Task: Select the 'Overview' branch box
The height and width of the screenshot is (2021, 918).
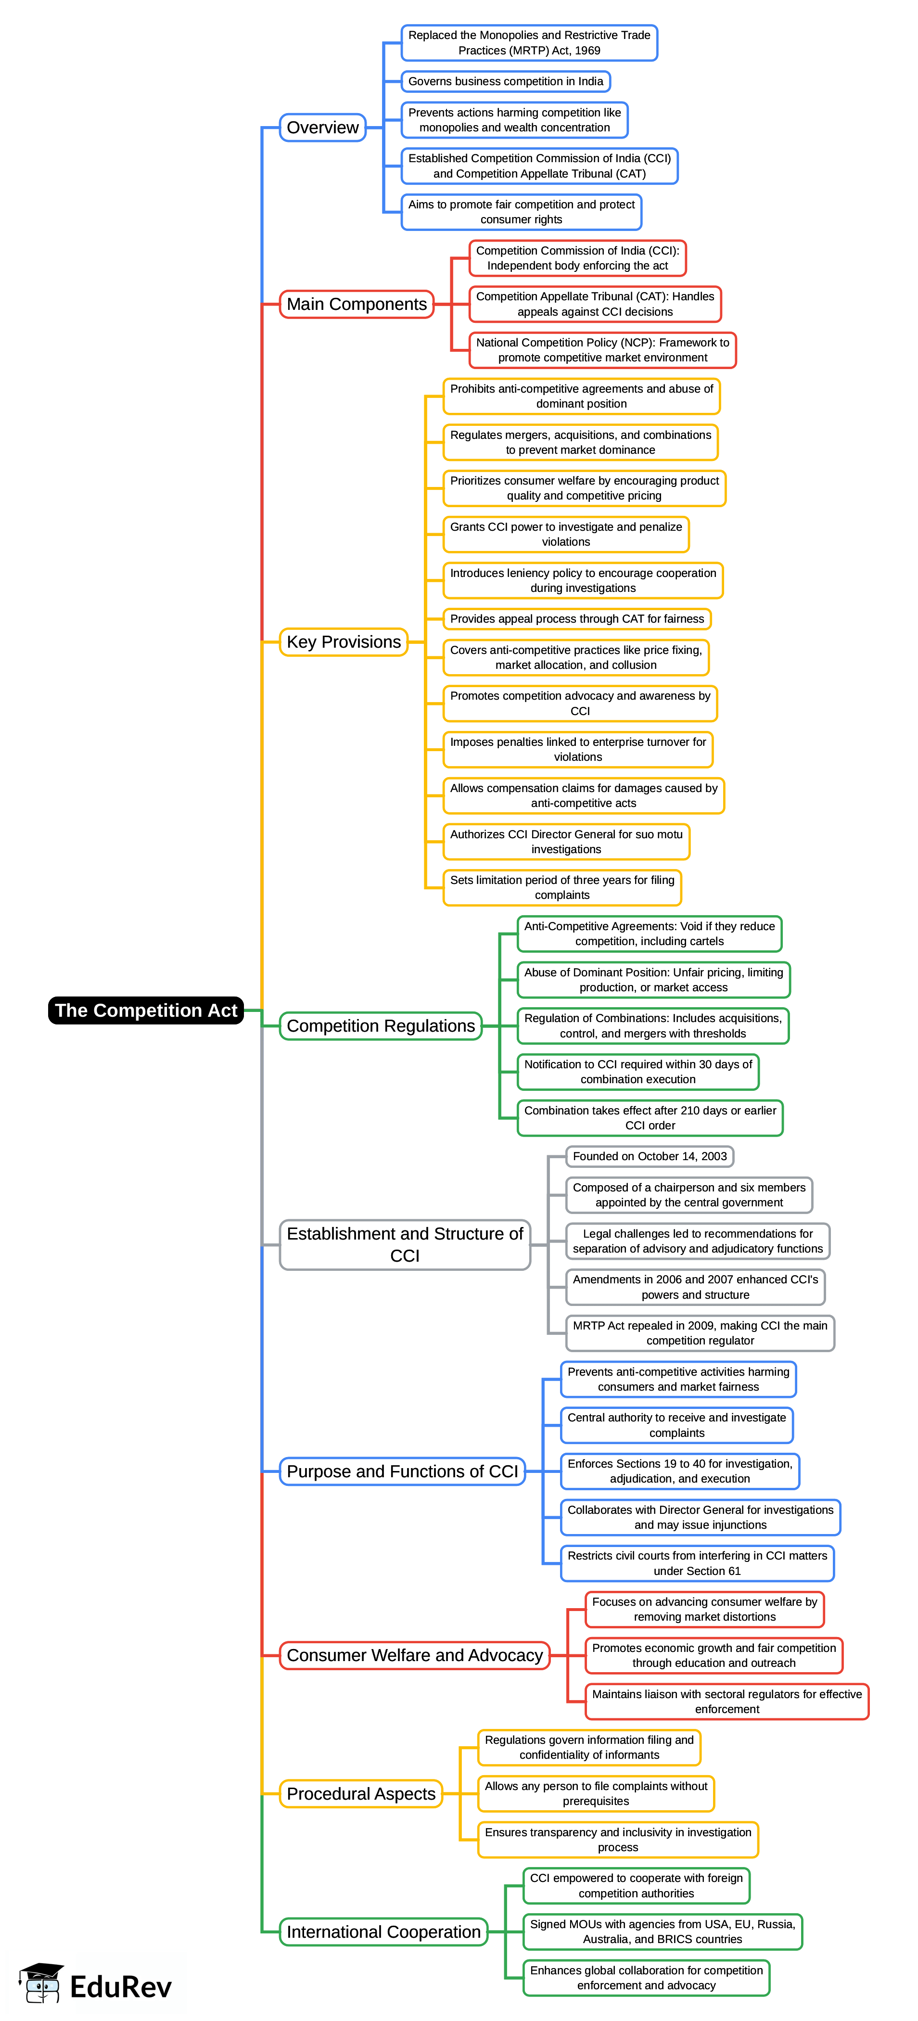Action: click(x=322, y=127)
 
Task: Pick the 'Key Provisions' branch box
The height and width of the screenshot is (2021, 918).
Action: click(x=344, y=642)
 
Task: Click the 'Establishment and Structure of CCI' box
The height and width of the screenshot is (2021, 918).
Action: click(x=405, y=1244)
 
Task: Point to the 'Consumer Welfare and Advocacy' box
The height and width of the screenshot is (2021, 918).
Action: click(x=414, y=1655)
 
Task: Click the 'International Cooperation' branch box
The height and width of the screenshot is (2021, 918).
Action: click(x=383, y=1931)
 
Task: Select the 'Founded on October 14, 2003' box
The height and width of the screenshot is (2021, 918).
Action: click(x=650, y=1156)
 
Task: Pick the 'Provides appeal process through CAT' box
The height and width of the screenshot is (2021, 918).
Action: click(x=577, y=619)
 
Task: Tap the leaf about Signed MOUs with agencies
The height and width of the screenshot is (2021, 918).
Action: click(x=662, y=1931)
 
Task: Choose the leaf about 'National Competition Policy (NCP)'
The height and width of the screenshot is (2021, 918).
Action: click(x=602, y=350)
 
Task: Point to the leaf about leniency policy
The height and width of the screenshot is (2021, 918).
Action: click(x=583, y=581)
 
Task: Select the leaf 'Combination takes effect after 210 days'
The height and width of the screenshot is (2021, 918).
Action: click(x=650, y=1118)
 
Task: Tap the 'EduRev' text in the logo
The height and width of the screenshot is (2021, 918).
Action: click(x=120, y=1986)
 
